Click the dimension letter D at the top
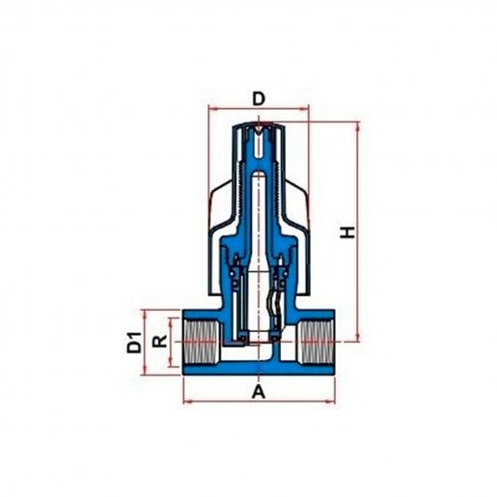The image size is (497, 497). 259,98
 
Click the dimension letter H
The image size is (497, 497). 347,233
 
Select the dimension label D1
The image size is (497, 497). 134,343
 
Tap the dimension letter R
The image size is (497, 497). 160,341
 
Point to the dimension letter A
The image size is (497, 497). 259,392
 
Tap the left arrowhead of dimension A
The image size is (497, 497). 187,401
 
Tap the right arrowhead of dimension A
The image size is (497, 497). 331,401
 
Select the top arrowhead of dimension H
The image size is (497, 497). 358,126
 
